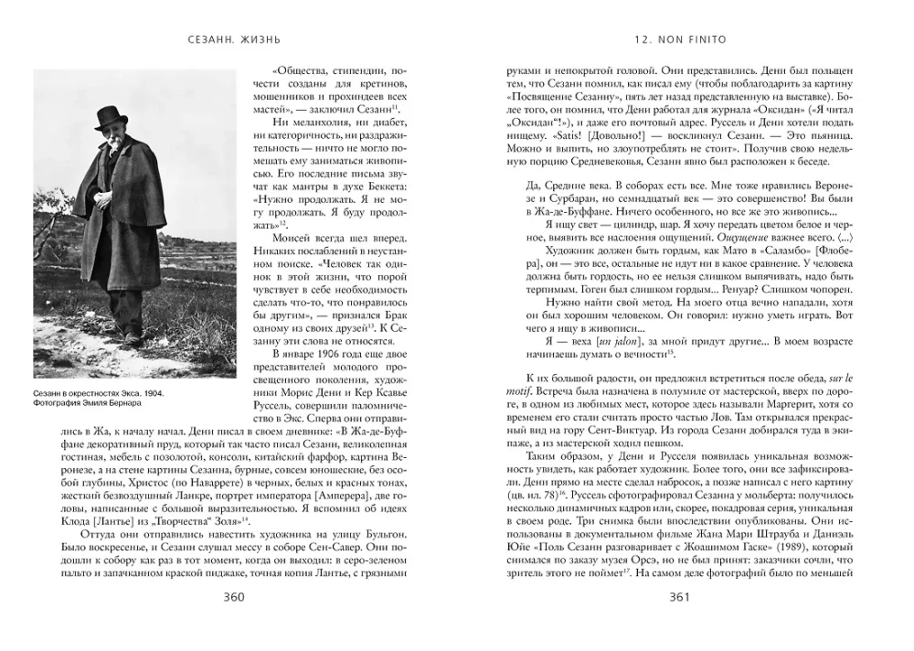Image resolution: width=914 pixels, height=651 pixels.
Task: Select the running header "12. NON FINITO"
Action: click(677, 40)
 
